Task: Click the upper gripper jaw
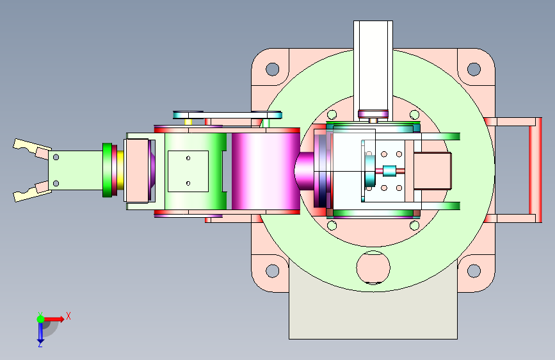pyautogui.click(x=31, y=149)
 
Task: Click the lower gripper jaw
pyautogui.click(x=31, y=192)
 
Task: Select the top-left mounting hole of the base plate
pyautogui.click(x=272, y=69)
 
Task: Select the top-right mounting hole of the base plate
pyautogui.click(x=474, y=69)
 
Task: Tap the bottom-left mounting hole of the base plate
pyautogui.click(x=272, y=271)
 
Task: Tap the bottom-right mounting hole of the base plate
pyautogui.click(x=474, y=271)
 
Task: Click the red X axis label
pyautogui.click(x=68, y=316)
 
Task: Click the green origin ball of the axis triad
pyautogui.click(x=40, y=319)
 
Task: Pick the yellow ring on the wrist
pyautogui.click(x=120, y=170)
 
